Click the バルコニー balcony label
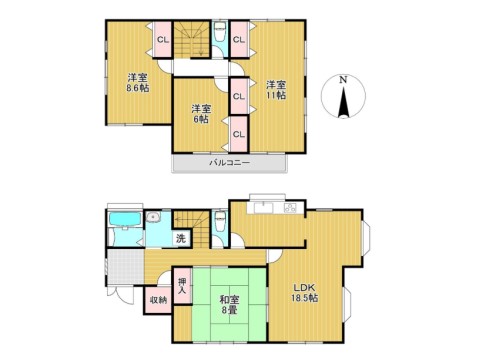pos(230,163)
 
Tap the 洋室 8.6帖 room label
pos(137,83)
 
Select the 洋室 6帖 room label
pos(201,114)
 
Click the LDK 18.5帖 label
pos(305,293)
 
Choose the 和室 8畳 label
pos(229,305)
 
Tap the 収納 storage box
pos(158,300)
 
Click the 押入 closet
pos(182,285)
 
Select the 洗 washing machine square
pos(181,238)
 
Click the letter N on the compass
pos(343,80)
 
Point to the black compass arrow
pos(343,101)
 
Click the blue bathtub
pos(125,219)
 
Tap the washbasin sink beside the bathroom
pos(153,217)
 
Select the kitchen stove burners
pos(290,208)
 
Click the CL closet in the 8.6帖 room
pos(163,40)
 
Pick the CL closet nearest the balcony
pos(239,134)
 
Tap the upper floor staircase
pos(192,39)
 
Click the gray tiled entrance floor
pos(126,267)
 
